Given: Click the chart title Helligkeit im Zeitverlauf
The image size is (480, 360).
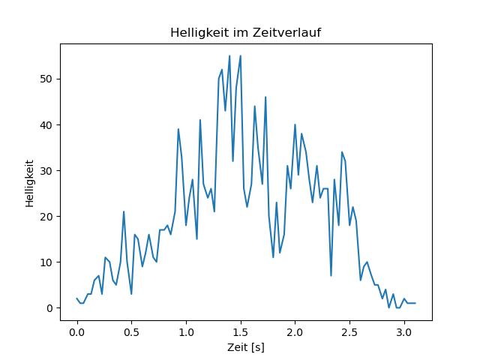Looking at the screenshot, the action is [245, 32].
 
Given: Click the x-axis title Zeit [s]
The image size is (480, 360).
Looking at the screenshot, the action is [246, 347].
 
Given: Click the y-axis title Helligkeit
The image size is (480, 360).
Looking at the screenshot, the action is [30, 183].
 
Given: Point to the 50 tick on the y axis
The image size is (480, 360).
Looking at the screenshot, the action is [46, 79].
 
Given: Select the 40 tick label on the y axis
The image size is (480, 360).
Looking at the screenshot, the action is [46, 125].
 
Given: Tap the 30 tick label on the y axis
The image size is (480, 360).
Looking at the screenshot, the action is [46, 170].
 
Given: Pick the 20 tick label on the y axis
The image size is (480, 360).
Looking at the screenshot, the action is [46, 217].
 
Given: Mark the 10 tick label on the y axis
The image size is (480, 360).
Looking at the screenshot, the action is [46, 262].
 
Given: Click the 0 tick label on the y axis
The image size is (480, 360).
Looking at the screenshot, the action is [49, 308].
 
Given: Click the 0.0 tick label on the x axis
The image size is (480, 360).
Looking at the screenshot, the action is [76, 332].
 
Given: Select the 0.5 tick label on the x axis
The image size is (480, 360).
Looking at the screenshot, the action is [131, 332].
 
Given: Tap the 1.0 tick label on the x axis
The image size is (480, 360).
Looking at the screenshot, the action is [186, 332].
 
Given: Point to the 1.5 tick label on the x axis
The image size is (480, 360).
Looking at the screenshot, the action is [241, 332].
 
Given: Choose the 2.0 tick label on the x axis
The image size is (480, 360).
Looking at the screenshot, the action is [295, 332].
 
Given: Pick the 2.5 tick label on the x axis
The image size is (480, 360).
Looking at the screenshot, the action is [349, 332].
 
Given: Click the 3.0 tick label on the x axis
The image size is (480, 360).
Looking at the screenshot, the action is [404, 332].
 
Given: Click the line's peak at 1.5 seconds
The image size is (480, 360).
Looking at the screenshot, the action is [241, 56].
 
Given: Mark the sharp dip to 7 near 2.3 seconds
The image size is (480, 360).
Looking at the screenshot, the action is [331, 275].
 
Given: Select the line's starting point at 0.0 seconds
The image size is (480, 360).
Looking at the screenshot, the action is [76, 298].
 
